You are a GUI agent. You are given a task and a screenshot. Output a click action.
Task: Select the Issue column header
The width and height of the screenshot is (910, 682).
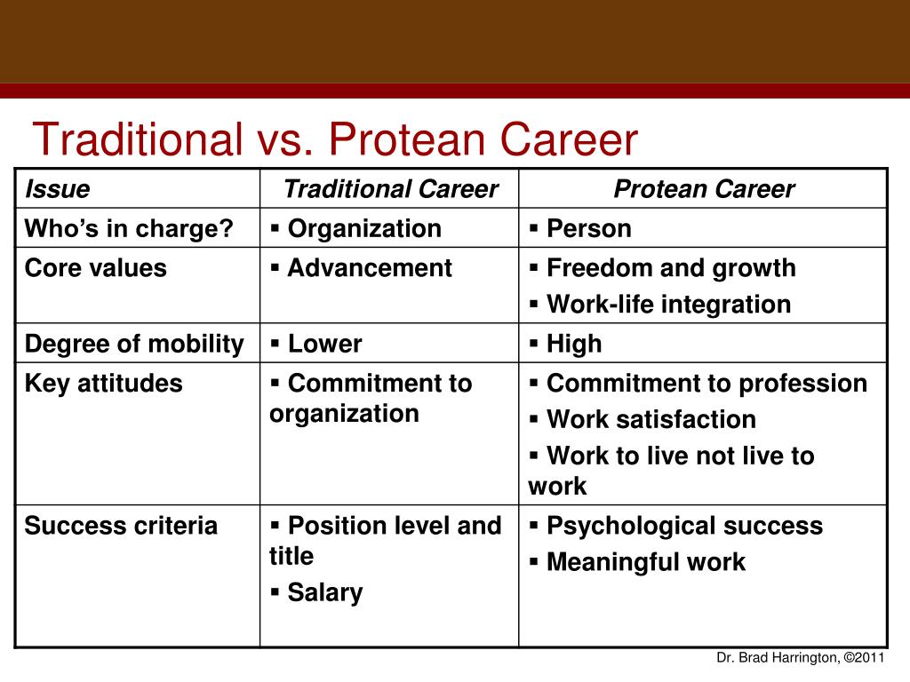tap(58, 189)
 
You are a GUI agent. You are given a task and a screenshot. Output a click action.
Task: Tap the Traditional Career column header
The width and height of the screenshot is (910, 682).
tap(391, 189)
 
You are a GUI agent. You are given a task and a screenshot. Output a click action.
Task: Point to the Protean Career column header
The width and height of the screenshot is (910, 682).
tap(704, 189)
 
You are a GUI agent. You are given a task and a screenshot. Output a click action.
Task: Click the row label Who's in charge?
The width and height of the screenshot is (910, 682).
tap(129, 228)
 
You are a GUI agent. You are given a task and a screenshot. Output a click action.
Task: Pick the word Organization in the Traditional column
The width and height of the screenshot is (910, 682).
tap(364, 229)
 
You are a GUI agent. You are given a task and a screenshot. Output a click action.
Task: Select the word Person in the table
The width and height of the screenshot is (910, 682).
tap(589, 228)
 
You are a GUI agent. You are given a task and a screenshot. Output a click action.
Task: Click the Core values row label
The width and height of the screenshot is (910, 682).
tap(96, 268)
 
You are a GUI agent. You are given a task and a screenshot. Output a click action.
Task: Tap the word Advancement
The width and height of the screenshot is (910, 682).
tap(370, 268)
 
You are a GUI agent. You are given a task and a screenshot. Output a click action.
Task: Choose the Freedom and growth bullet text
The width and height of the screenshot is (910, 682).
tap(671, 268)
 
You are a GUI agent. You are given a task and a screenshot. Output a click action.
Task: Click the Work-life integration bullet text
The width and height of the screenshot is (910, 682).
tap(668, 305)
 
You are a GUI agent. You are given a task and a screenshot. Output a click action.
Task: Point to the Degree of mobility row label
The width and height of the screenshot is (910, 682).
tap(135, 344)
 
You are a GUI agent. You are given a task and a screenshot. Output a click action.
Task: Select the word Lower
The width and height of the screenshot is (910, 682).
tap(325, 344)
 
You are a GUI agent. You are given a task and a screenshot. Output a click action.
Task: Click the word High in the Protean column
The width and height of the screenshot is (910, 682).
tap(574, 344)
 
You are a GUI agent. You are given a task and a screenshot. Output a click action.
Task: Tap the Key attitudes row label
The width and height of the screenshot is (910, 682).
tap(103, 384)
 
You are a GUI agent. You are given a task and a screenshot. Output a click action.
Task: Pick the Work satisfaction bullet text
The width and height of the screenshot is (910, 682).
tap(651, 419)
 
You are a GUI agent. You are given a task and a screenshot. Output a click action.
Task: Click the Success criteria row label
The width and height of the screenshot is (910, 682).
tap(121, 526)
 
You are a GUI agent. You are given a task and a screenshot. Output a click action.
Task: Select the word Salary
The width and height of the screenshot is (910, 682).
tap(325, 592)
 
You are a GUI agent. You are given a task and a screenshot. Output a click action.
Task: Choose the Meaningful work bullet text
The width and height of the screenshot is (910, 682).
tap(646, 562)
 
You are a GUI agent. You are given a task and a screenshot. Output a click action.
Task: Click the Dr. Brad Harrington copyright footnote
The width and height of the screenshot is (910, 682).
tap(801, 658)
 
